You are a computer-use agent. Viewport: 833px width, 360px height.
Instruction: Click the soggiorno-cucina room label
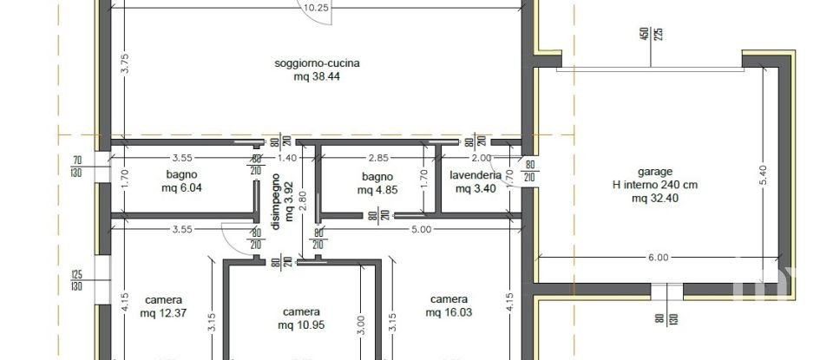(317, 63)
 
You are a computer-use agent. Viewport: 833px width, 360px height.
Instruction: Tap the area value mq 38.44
(317, 76)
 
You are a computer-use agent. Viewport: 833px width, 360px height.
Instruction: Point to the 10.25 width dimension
(317, 8)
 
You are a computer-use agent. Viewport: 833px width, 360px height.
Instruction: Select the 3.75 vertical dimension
(125, 65)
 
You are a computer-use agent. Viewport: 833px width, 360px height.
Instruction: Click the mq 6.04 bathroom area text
(184, 187)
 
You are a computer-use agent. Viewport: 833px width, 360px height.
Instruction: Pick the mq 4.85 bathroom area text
(379, 189)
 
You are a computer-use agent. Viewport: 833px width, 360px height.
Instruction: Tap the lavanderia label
(476, 175)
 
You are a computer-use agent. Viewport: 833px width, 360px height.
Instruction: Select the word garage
(655, 172)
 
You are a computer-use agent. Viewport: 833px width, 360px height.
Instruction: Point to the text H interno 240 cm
(655, 185)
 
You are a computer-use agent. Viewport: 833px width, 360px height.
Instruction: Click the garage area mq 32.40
(655, 198)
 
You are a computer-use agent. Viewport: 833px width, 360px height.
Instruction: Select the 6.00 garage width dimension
(658, 257)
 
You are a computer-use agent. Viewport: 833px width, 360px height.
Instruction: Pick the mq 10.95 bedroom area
(300, 325)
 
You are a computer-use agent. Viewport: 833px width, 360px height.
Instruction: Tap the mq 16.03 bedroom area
(449, 312)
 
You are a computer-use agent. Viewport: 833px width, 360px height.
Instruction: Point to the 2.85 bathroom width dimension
(378, 158)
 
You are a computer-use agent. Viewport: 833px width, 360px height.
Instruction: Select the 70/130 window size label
(77, 166)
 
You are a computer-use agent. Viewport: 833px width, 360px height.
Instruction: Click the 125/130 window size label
(76, 280)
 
